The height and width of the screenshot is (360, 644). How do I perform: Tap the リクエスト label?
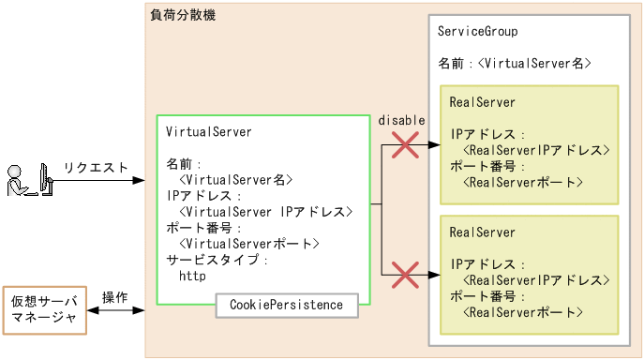(x=96, y=168)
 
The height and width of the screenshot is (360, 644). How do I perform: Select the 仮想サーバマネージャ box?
(x=44, y=310)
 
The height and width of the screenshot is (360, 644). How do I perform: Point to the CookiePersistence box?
(x=287, y=305)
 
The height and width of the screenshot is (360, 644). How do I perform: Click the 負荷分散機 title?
(x=183, y=15)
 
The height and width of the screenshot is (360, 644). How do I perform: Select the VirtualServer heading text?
(x=208, y=132)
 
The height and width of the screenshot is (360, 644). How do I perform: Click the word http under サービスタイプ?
(x=191, y=276)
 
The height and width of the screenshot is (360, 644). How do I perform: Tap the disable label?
(x=401, y=121)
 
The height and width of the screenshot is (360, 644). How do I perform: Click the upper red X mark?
(x=405, y=145)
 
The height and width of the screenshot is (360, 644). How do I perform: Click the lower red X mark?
(x=405, y=275)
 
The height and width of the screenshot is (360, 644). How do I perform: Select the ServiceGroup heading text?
(x=478, y=32)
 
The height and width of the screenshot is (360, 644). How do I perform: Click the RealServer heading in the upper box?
(x=482, y=102)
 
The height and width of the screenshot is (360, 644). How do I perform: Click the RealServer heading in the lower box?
(x=482, y=232)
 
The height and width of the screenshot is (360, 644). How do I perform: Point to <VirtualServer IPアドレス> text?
(x=265, y=212)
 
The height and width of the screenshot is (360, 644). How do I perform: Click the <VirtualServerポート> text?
(x=249, y=244)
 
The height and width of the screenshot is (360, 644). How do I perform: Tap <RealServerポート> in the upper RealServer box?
(x=523, y=183)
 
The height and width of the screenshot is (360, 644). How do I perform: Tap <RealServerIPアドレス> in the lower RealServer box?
(x=537, y=280)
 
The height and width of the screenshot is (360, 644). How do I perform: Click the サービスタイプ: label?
(x=217, y=260)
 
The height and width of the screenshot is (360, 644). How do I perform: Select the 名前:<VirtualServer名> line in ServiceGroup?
(x=514, y=64)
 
